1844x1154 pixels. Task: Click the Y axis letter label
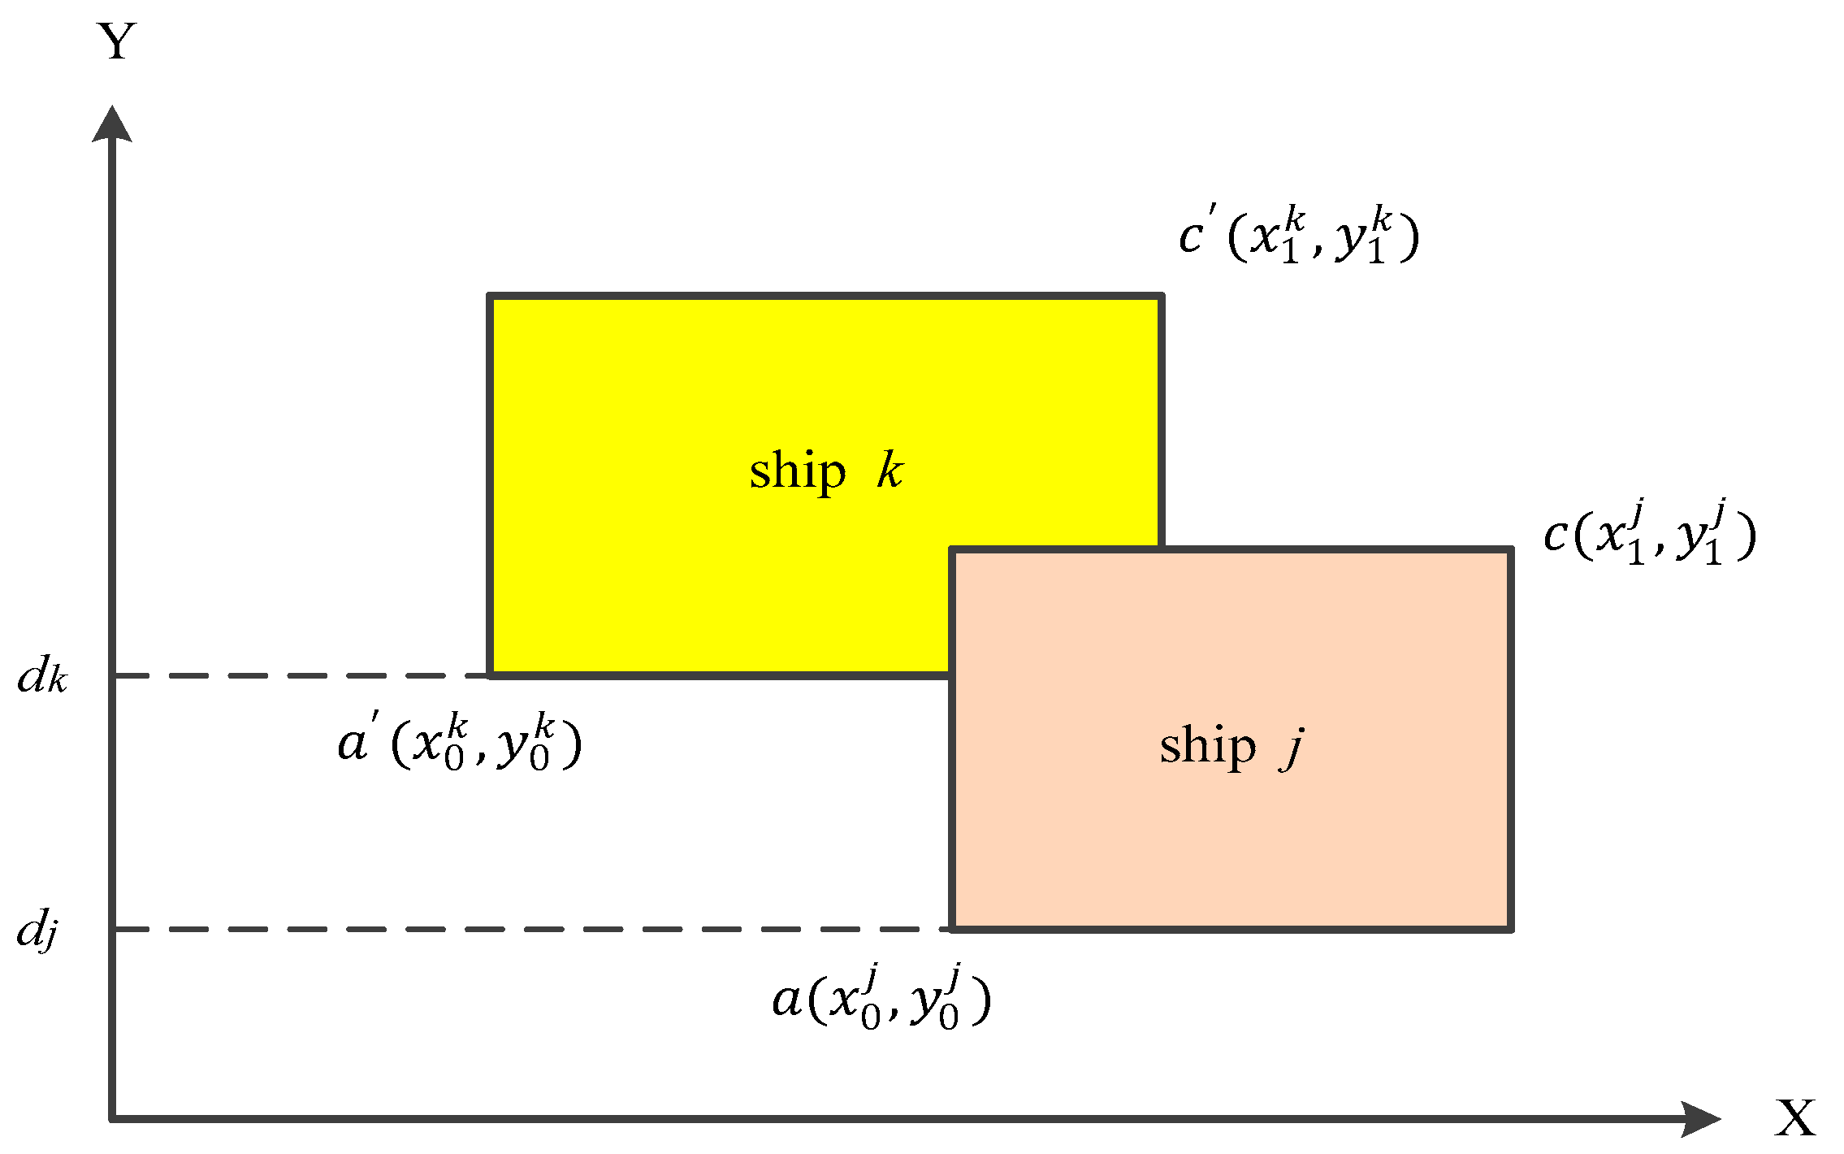coord(118,42)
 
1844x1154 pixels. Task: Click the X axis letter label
coord(1794,1119)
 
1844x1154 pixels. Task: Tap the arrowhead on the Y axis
coord(112,124)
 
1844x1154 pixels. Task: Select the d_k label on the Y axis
coord(42,675)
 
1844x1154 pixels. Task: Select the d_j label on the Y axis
coord(37,929)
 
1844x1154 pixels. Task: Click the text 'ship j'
coord(1231,746)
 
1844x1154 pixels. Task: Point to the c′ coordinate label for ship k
coord(1298,235)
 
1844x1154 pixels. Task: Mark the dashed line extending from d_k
coord(301,675)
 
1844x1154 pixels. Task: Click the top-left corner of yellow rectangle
coord(490,297)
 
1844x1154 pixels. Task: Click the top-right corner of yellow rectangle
coord(1162,297)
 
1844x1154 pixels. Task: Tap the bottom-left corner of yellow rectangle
coord(490,675)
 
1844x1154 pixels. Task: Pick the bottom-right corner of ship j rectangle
coord(1511,929)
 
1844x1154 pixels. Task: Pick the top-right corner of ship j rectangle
coord(1511,550)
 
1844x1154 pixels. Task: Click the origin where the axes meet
coord(112,1119)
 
